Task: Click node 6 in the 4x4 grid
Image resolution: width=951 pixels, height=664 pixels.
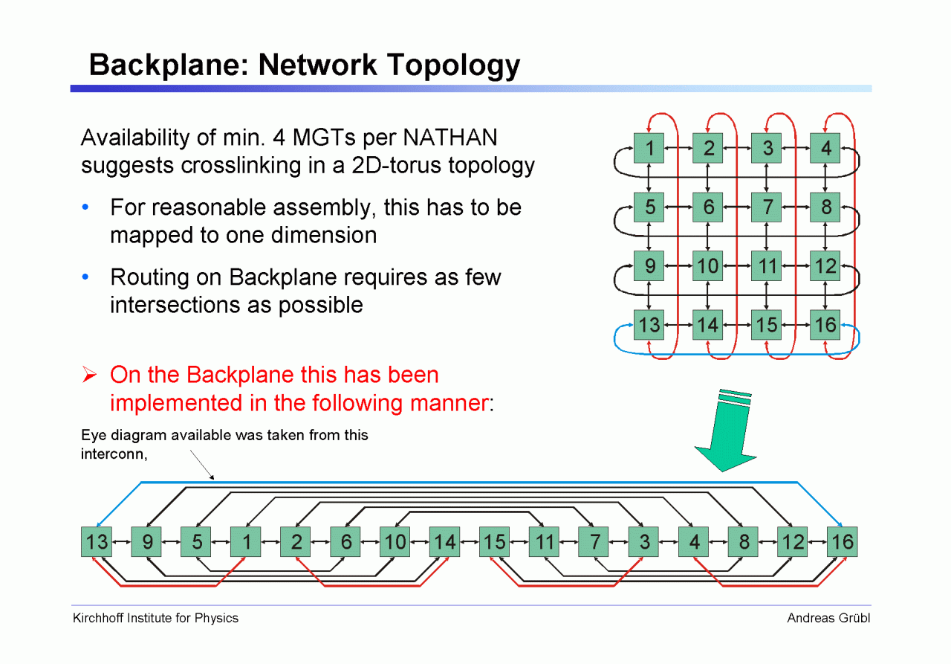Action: [708, 207]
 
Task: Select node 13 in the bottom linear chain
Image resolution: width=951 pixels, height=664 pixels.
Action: [97, 542]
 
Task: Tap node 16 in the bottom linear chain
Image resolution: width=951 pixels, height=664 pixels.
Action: [843, 542]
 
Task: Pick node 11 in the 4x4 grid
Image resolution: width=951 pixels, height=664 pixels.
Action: [767, 265]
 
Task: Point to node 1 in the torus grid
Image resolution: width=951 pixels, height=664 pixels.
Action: [649, 148]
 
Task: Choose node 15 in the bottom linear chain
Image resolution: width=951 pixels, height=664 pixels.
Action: [494, 542]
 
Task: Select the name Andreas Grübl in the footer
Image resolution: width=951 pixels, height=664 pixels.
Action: [828, 618]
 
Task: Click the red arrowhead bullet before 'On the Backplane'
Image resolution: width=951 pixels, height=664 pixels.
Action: [90, 375]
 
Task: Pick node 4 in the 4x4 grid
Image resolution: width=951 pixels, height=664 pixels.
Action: [825, 148]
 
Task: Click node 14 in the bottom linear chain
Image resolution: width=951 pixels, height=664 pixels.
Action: [444, 542]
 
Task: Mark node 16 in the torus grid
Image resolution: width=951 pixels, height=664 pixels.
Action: [825, 325]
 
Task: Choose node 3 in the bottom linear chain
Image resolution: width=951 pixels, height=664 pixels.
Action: [643, 542]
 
